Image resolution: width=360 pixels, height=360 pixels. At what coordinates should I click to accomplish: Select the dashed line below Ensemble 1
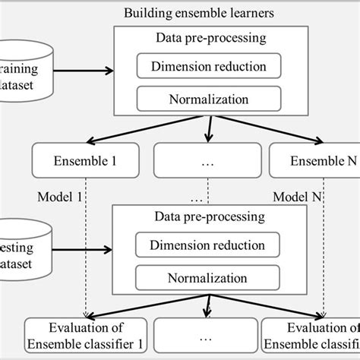pos(85,243)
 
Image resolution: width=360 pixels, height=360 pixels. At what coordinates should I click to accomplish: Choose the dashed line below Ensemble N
pos(325,243)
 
